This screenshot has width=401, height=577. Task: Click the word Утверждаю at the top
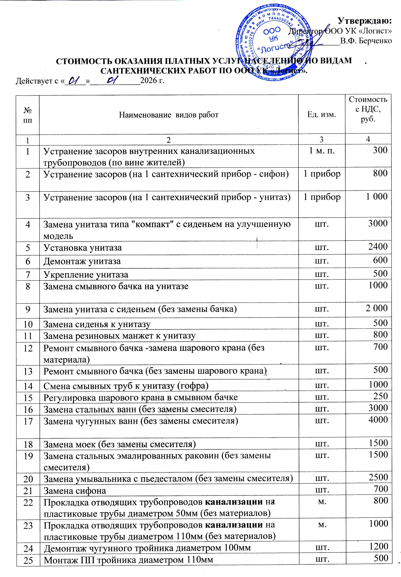(x=365, y=21)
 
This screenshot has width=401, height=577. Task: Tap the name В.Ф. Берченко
(x=366, y=41)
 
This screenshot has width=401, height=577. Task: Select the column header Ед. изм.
(x=322, y=115)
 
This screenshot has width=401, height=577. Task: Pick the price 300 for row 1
(x=380, y=150)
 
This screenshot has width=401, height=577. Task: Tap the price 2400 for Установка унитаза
(x=378, y=246)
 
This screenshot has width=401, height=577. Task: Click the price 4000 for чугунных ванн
(x=378, y=420)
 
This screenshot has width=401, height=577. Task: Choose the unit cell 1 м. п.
(x=322, y=151)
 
